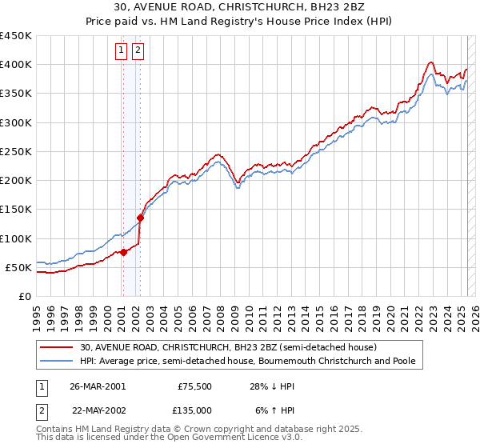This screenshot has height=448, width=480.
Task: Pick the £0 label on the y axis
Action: [x=25, y=296]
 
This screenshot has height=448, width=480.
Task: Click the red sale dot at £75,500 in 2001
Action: [x=124, y=252]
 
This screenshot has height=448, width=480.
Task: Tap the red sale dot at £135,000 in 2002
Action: [x=140, y=218]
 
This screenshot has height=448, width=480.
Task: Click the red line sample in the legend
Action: [x=57, y=347]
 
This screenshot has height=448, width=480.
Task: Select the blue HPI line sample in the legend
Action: [x=57, y=362]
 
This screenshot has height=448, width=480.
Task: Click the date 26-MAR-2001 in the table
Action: [x=98, y=386]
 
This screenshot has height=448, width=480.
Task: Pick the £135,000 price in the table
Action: [x=194, y=410]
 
